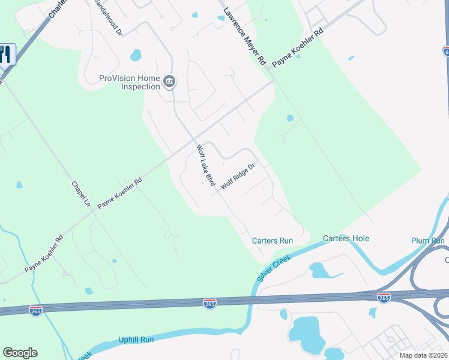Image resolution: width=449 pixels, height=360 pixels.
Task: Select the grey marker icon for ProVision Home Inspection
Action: coord(169,81)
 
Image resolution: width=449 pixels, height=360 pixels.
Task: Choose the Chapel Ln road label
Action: coord(80,194)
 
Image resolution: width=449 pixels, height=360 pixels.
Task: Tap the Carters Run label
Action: coord(273,241)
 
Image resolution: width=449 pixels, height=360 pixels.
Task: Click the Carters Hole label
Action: coord(346,238)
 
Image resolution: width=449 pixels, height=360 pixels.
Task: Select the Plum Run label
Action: coord(428,241)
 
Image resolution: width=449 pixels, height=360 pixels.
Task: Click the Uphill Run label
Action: coord(136,340)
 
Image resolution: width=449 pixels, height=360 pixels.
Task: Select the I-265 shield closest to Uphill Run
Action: coord(35,311)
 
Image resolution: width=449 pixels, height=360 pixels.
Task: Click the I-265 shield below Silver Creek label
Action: coord(210,304)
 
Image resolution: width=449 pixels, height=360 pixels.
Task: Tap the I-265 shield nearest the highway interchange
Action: coord(384,297)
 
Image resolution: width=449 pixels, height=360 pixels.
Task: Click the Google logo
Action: coord(20,353)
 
